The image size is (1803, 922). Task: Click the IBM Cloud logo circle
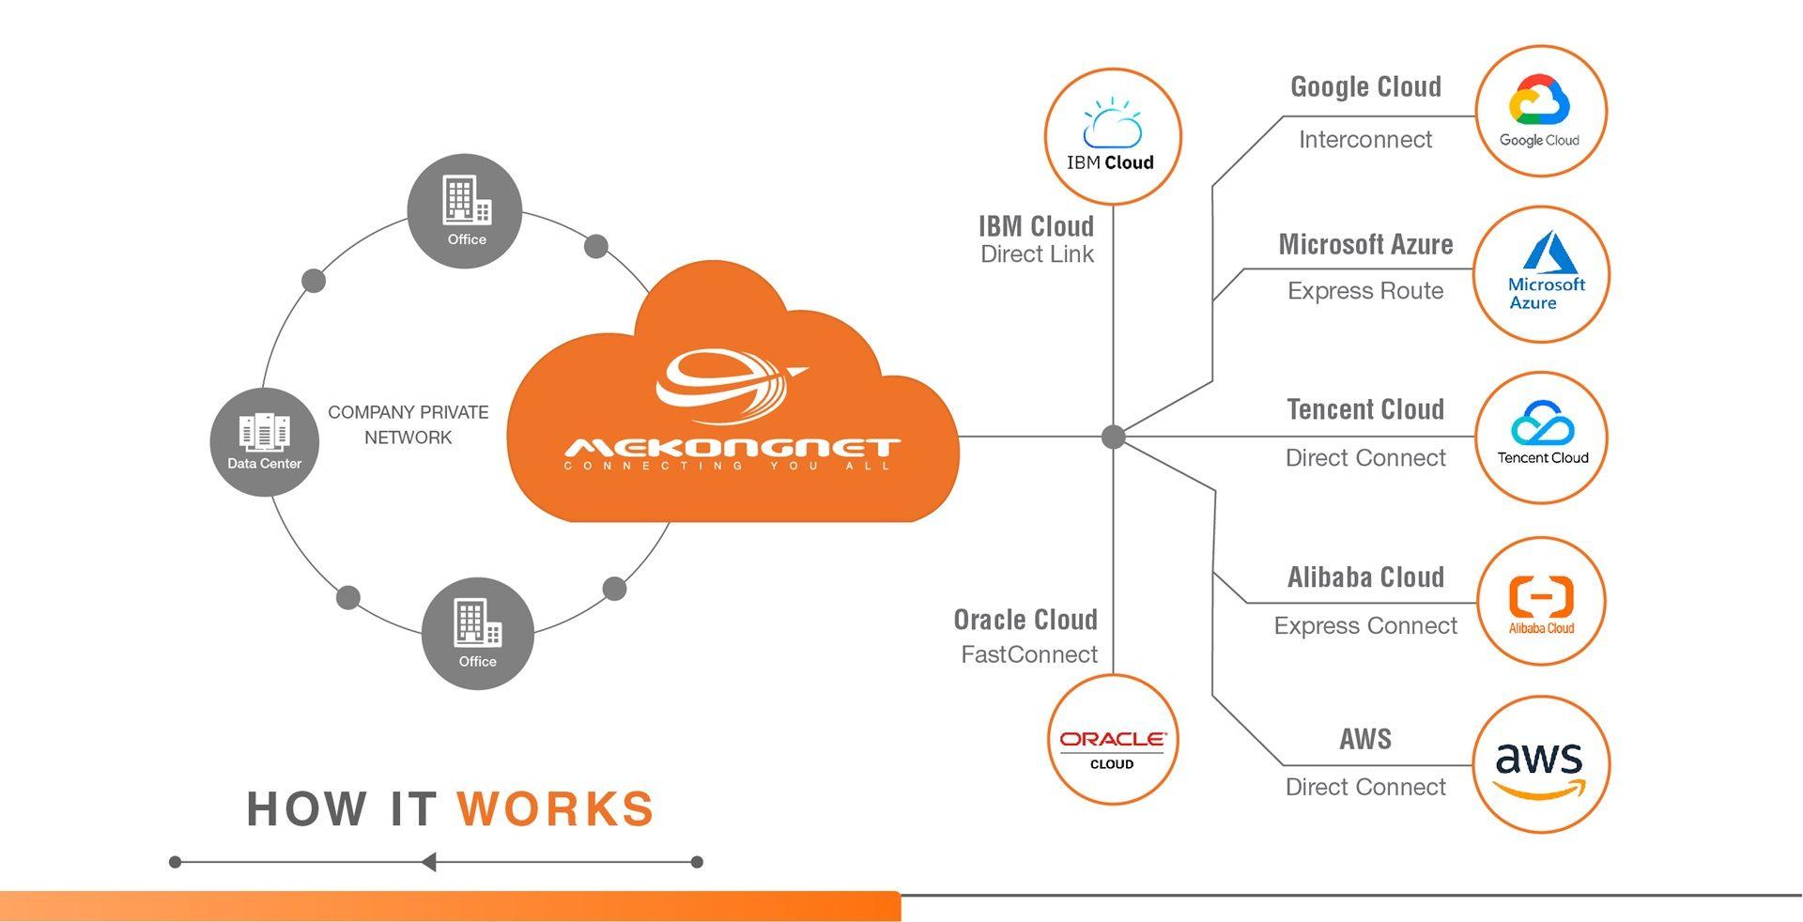(1113, 137)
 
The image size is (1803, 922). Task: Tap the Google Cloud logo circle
(1541, 111)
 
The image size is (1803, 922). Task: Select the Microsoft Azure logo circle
(1541, 274)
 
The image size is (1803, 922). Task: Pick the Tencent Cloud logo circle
(1541, 438)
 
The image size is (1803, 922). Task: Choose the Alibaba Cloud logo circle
(1541, 602)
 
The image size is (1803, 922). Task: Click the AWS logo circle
(1541, 764)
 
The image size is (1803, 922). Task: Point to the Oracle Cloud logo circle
(1113, 740)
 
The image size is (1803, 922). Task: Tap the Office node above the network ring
(465, 210)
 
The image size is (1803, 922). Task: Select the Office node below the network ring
(478, 633)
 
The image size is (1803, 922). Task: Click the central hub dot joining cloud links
(1113, 437)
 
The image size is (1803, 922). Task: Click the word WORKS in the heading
(556, 809)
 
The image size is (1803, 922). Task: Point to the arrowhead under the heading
(429, 862)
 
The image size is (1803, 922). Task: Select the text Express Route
(1365, 291)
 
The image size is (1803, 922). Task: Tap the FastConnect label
(1029, 654)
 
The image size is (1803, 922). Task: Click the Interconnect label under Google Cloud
(1365, 140)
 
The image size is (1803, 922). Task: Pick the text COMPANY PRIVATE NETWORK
(408, 424)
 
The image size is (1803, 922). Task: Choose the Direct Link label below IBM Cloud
(1037, 254)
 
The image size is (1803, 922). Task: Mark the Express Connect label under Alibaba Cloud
(1365, 626)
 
